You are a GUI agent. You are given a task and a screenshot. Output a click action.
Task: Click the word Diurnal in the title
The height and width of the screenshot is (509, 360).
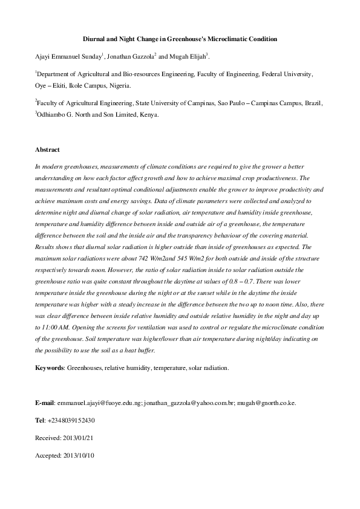point(94,39)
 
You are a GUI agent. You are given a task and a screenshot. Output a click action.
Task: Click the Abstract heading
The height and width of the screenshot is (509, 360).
point(48,149)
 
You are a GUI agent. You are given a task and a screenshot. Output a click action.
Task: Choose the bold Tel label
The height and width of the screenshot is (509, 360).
point(41,420)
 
